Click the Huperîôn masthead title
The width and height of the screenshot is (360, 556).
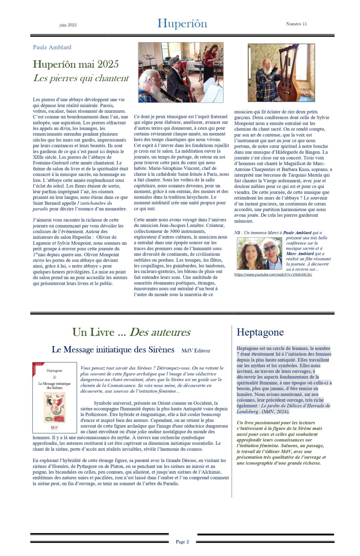pyautogui.click(x=182, y=24)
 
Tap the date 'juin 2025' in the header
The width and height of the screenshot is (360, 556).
pyautogui.click(x=68, y=25)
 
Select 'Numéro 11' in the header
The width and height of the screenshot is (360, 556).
pyautogui.click(x=296, y=24)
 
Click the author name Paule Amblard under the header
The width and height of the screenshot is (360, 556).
pyautogui.click(x=52, y=47)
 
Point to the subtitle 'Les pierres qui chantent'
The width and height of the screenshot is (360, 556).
pyautogui.click(x=81, y=78)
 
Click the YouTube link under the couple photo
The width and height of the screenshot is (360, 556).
pyautogui.click(x=273, y=275)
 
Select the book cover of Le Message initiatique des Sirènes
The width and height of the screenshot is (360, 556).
pyautogui.click(x=55, y=398)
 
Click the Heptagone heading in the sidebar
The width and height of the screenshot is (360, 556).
pyautogui.click(x=260, y=332)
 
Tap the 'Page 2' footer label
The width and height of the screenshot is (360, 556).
pyautogui.click(x=182, y=541)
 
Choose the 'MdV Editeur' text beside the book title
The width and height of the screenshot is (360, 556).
pyautogui.click(x=196, y=351)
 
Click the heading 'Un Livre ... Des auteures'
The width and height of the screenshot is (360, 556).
pyautogui.click(x=131, y=332)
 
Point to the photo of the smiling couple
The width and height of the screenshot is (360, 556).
pyautogui.click(x=259, y=254)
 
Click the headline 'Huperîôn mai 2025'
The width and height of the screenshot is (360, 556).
pyautogui.click(x=76, y=64)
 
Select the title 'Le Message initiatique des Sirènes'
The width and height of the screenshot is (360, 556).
pyautogui.click(x=113, y=350)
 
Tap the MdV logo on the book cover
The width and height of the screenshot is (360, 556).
pyautogui.click(x=54, y=428)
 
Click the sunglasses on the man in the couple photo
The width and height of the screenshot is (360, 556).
pyautogui.click(x=270, y=248)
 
